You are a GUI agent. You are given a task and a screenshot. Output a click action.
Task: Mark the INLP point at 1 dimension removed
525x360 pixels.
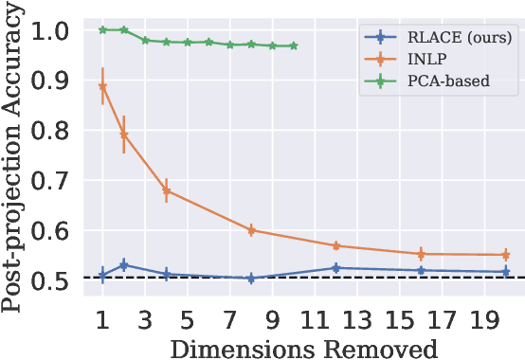tap(103, 86)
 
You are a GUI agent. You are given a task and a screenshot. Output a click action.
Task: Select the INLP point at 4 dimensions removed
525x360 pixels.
tap(167, 190)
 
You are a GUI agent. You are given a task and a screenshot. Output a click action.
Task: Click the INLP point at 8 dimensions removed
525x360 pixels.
tap(251, 230)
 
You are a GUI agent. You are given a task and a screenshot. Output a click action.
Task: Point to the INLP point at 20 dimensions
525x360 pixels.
tap(505, 255)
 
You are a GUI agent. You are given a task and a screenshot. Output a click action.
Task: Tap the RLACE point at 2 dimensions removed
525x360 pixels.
tap(124, 264)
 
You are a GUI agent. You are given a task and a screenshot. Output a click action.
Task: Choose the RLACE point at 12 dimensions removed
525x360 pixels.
tap(335, 268)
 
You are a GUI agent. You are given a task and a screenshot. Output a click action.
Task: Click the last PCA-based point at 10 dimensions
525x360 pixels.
tap(294, 45)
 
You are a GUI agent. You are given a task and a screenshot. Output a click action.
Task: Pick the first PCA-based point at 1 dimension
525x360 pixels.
tap(103, 29)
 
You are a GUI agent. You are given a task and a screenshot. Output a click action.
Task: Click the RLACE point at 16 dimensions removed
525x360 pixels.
tap(421, 271)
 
